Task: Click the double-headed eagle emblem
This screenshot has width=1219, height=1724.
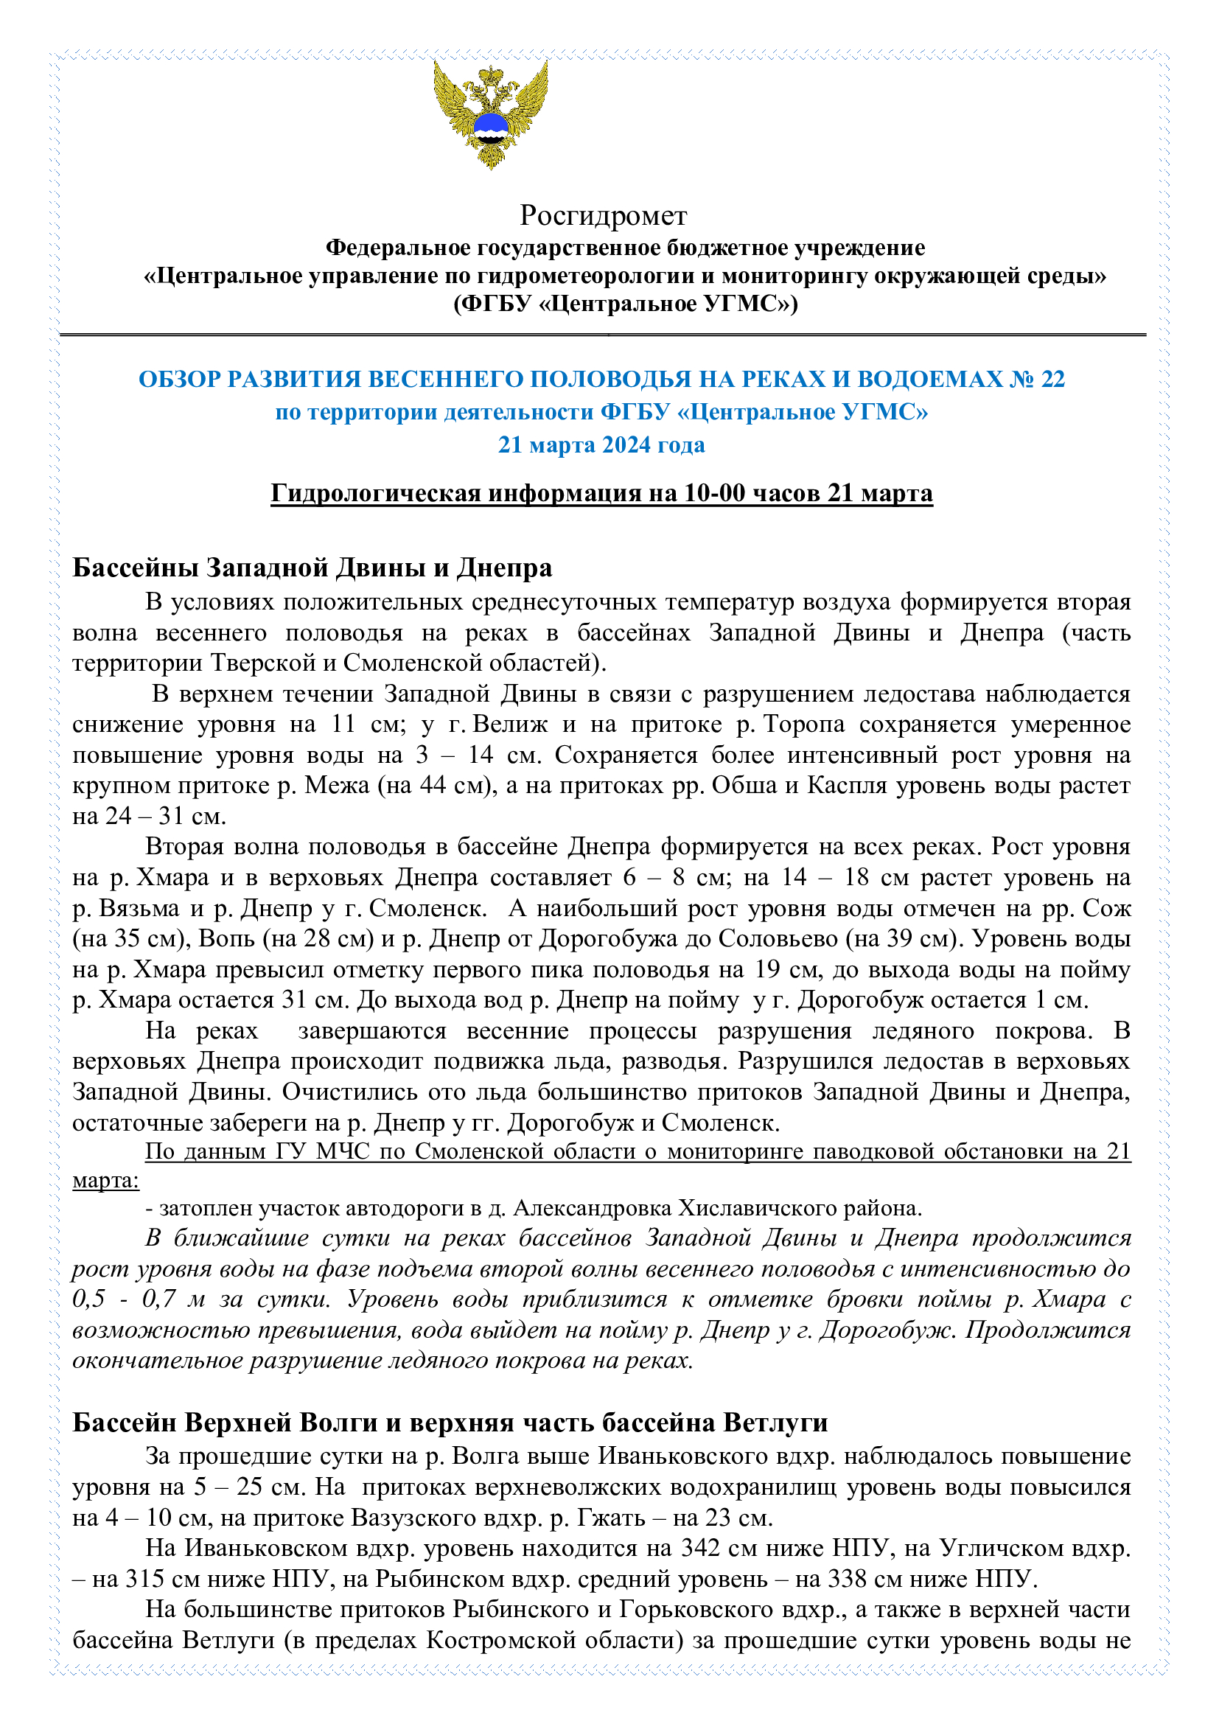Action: pyautogui.click(x=490, y=114)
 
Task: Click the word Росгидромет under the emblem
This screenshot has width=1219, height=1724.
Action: pyautogui.click(x=603, y=215)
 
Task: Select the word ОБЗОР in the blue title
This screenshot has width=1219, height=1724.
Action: pyautogui.click(x=179, y=379)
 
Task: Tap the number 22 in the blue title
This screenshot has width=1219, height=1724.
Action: pyautogui.click(x=1052, y=379)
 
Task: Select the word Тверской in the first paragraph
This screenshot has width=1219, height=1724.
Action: pyautogui.click(x=271, y=663)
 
